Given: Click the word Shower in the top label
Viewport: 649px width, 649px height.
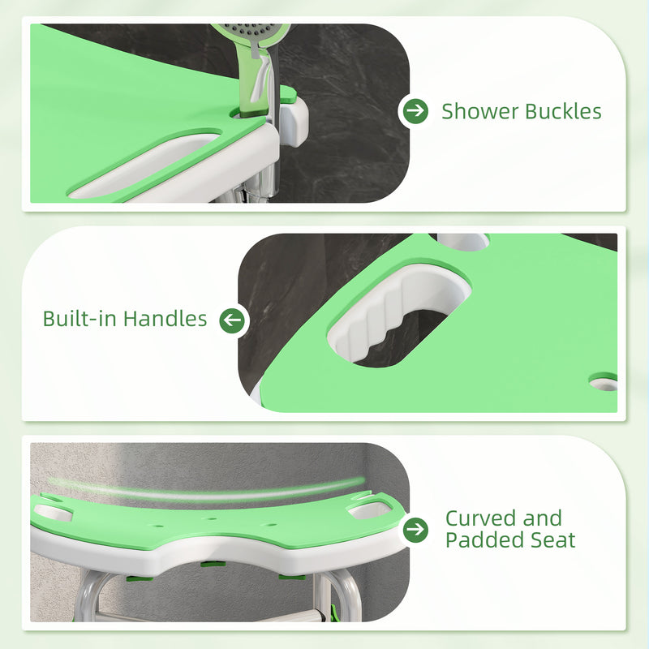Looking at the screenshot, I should pyautogui.click(x=479, y=111).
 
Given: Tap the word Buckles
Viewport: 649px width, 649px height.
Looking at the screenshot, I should pyautogui.click(x=563, y=111).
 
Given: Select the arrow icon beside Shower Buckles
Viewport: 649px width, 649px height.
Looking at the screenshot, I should pyautogui.click(x=415, y=111).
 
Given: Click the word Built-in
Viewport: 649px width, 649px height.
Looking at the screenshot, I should pyautogui.click(x=80, y=319).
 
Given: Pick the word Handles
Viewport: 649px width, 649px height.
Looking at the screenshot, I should pyautogui.click(x=165, y=319).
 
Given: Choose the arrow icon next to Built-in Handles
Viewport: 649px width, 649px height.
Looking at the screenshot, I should pyautogui.click(x=232, y=320).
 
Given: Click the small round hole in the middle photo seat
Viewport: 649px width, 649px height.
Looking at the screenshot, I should pyautogui.click(x=604, y=380).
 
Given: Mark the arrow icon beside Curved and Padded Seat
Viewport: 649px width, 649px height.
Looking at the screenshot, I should pyautogui.click(x=415, y=530).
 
